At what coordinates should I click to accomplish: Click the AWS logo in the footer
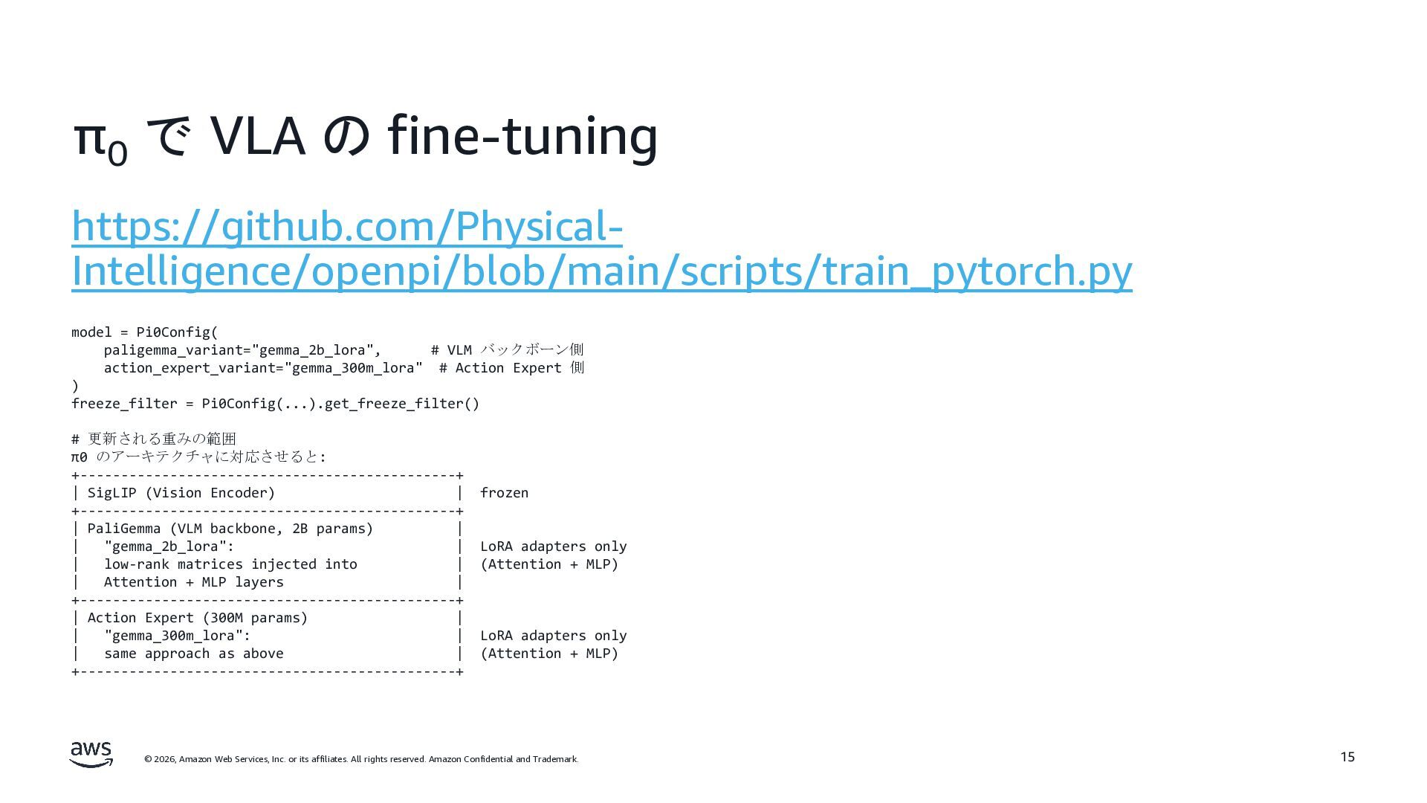coord(91,754)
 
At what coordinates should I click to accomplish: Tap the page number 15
coord(1347,757)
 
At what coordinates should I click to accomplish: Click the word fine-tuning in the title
coord(522,137)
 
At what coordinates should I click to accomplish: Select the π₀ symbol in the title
coord(100,140)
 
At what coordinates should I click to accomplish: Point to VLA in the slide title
coord(258,137)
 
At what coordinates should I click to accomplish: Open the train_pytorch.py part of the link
coord(1032,271)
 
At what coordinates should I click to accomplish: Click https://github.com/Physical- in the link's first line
coord(346,227)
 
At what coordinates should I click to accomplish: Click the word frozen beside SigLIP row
coord(504,493)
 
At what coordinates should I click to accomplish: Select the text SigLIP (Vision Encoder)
coord(181,493)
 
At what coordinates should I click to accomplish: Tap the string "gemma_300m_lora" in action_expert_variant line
coord(354,368)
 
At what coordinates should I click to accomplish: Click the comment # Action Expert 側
coord(511,368)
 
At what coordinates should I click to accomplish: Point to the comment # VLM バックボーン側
coord(507,350)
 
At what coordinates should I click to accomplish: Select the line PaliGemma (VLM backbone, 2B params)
coord(230,529)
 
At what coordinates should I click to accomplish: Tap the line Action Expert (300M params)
coord(198,618)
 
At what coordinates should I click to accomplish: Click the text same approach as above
coord(193,654)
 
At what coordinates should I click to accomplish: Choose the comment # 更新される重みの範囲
coord(154,439)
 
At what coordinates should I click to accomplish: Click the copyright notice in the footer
coord(361,759)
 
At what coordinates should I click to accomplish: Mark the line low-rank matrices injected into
coord(230,564)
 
